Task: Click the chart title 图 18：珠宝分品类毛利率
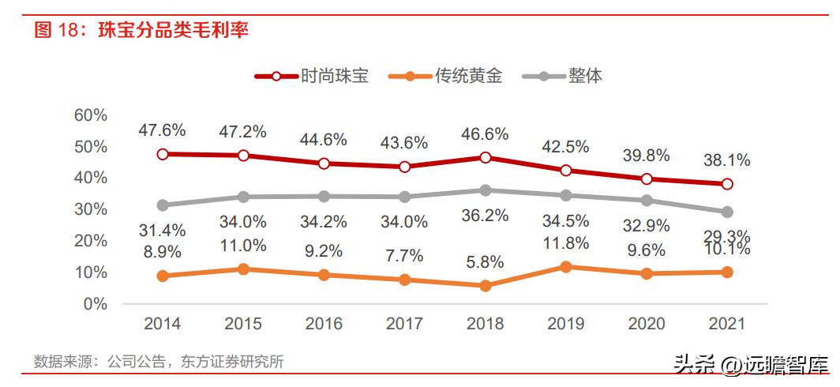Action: [142, 31]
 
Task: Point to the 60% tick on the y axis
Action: [90, 115]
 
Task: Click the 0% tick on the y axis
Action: [94, 304]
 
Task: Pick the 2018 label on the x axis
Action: [486, 324]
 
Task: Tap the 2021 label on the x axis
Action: [727, 324]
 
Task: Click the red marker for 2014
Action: [163, 154]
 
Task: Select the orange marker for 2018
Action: [486, 285]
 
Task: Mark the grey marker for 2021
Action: [727, 212]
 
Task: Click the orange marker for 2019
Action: [566, 267]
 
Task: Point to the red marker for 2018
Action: [486, 157]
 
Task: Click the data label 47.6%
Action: [163, 130]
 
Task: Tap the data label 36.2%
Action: [486, 215]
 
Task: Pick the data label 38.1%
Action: [727, 160]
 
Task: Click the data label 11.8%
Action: [566, 242]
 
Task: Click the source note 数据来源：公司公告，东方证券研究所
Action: [159, 362]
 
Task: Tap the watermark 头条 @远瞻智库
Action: [751, 364]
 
